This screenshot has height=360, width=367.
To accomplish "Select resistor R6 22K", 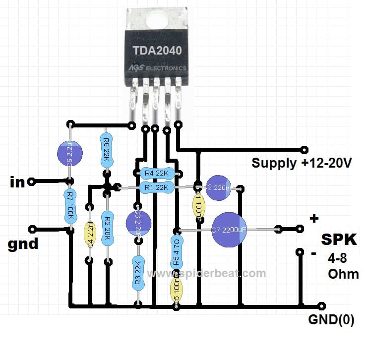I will point(106,147).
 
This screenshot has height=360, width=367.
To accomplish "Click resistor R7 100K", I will point(70,205).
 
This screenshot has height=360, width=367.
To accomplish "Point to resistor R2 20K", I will point(106,228).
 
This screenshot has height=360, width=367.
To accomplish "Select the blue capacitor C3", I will point(137,220).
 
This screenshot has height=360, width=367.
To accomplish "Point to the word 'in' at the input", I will point(17,182).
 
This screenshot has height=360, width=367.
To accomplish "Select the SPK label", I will point(339,240).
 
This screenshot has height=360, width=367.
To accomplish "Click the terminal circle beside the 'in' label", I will point(32,182).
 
